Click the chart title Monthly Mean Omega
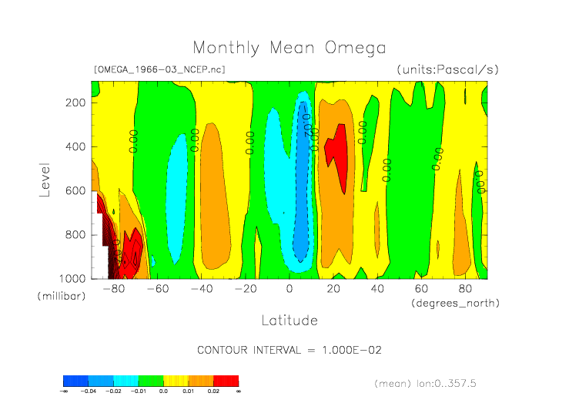click(289, 48)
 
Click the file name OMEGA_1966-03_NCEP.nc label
click(159, 69)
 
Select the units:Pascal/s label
click(448, 69)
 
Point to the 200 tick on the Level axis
click(75, 102)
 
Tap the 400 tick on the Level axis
click(75, 146)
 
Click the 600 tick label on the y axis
click(75, 190)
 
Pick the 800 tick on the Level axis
click(75, 234)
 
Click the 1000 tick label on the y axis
click(72, 278)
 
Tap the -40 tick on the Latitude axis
click(201, 289)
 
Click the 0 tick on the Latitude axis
click(289, 289)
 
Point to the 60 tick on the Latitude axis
click(421, 289)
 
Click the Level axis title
click(45, 178)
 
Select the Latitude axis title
click(289, 320)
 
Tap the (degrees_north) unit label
click(455, 303)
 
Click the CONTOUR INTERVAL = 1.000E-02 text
click(289, 350)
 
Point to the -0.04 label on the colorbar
click(89, 392)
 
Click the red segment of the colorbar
click(226, 381)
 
